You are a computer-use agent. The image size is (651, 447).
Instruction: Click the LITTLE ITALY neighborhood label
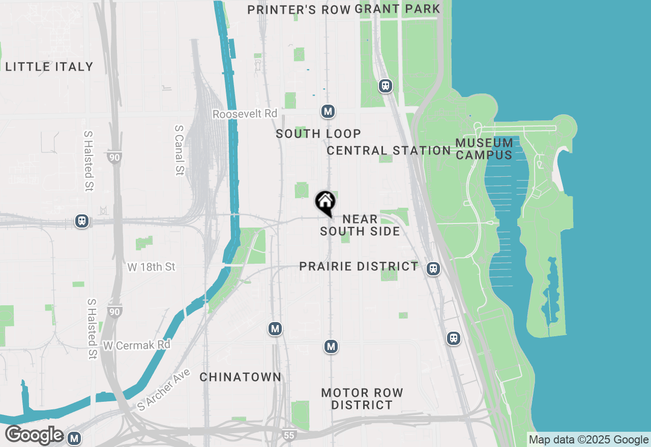[x=49, y=67]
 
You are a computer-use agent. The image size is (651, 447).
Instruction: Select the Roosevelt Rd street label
[x=245, y=114]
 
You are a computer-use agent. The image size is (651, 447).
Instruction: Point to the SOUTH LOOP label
[x=318, y=134]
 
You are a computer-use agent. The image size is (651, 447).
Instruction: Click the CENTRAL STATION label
[x=389, y=150]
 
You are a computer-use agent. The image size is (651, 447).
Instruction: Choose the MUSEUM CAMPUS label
[x=484, y=149]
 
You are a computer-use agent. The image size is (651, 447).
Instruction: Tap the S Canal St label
[x=179, y=150]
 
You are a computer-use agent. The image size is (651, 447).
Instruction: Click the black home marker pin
[x=325, y=203]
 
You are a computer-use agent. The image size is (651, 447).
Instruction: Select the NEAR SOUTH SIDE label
[x=360, y=225]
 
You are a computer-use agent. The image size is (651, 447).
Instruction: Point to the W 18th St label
[x=152, y=267]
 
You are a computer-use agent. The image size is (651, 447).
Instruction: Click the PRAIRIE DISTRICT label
[x=359, y=266]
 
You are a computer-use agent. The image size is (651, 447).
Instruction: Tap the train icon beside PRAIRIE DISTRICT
[x=433, y=269]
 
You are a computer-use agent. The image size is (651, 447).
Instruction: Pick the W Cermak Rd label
[x=136, y=345]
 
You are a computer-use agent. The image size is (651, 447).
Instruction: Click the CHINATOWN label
[x=240, y=377]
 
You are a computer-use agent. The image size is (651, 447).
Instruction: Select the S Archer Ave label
[x=164, y=390]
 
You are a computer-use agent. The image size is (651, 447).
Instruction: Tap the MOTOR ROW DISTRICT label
[x=362, y=399]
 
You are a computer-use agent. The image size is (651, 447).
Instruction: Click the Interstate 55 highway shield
[x=288, y=435]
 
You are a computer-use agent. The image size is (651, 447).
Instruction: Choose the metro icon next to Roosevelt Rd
[x=328, y=111]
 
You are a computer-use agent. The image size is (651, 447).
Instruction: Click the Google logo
[x=34, y=435]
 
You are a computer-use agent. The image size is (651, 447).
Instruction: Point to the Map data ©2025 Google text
[x=588, y=440]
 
